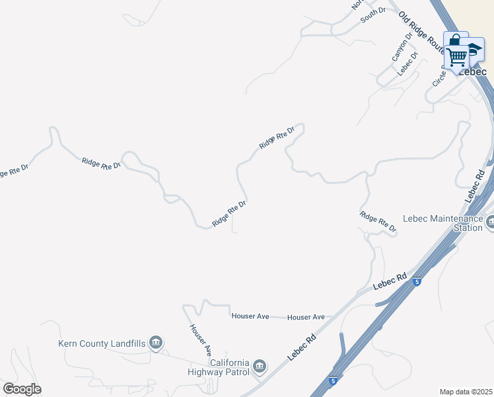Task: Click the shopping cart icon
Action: tap(456, 58)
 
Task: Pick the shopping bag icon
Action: tap(454, 40)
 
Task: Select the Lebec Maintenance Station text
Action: tap(442, 223)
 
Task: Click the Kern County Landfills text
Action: tap(102, 342)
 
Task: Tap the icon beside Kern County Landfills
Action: tap(156, 342)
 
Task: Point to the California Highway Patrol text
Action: tap(230, 367)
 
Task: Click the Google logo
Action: tap(22, 389)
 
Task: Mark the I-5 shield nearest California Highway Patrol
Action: tap(334, 381)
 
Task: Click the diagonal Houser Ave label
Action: tap(199, 337)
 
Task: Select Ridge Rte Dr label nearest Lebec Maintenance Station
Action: tap(378, 222)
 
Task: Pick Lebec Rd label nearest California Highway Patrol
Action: tap(302, 346)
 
